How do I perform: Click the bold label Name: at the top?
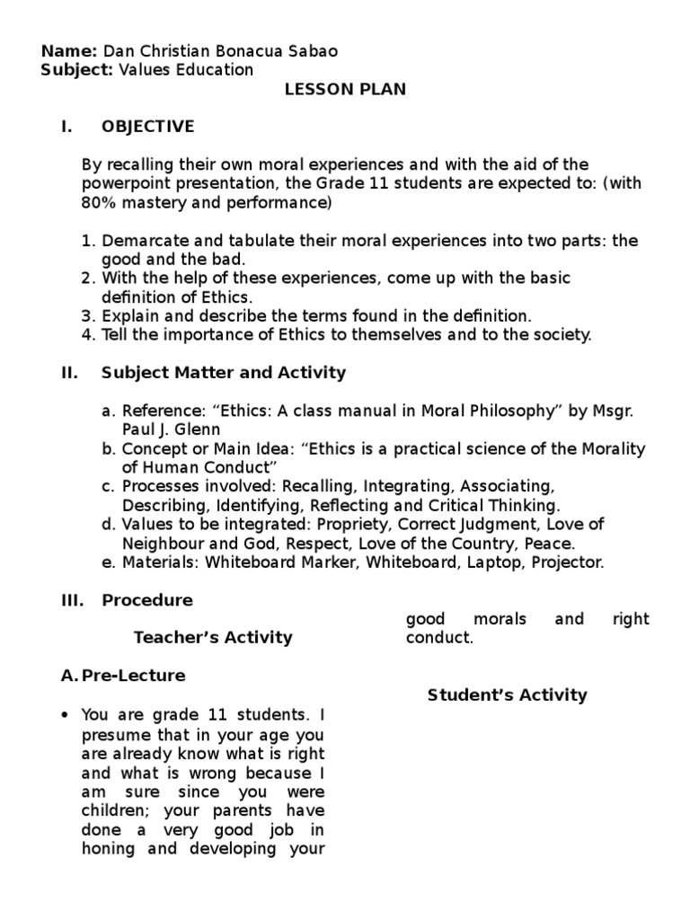pyautogui.click(x=70, y=51)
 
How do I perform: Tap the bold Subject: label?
pyautogui.click(x=76, y=70)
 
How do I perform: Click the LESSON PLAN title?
pyautogui.click(x=346, y=89)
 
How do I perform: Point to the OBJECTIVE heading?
pyautogui.click(x=147, y=127)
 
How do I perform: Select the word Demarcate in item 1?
pyautogui.click(x=142, y=241)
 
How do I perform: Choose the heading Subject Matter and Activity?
pyautogui.click(x=224, y=372)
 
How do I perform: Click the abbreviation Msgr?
pyautogui.click(x=614, y=411)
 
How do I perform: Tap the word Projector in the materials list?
pyautogui.click(x=567, y=562)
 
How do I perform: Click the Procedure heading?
pyautogui.click(x=147, y=600)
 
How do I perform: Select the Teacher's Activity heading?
pyautogui.click(x=213, y=638)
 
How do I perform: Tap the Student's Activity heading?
pyautogui.click(x=507, y=694)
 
